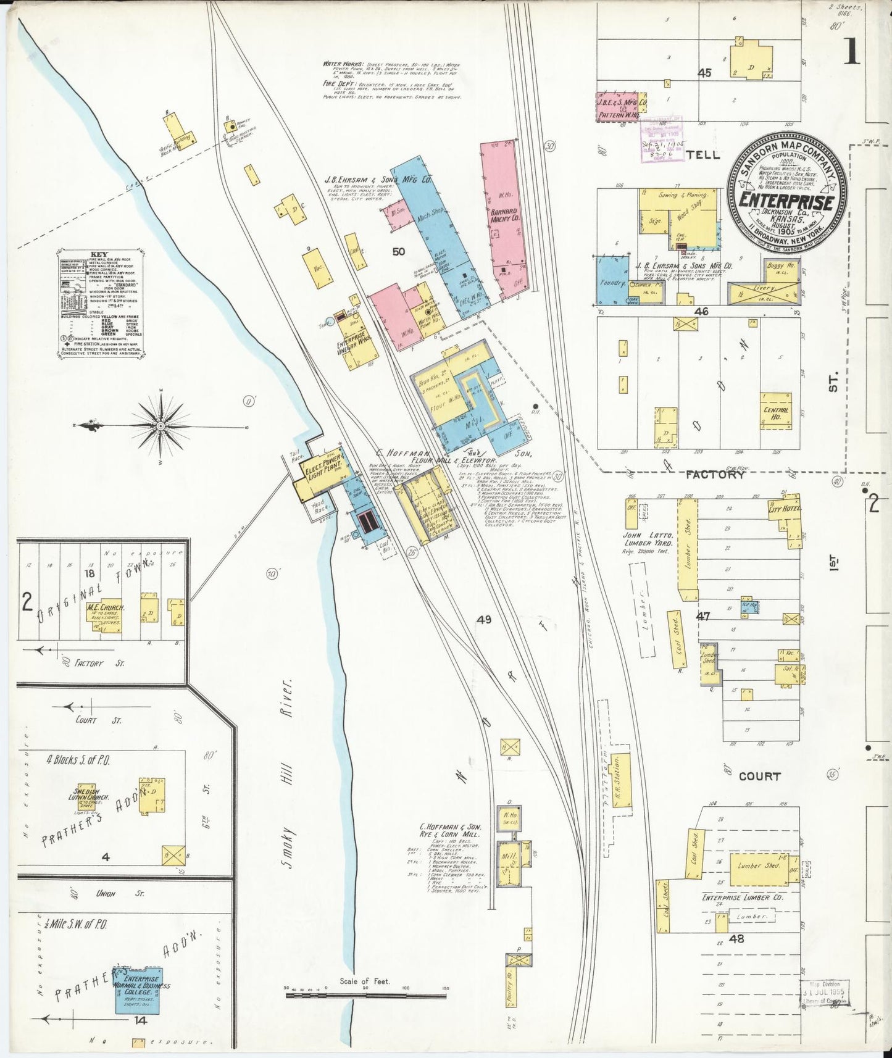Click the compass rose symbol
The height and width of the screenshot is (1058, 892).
coord(160,426)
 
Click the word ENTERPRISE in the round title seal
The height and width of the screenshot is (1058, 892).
coord(787,202)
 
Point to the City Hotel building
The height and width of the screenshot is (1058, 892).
coord(784,510)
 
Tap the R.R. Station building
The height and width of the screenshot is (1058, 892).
coord(621,780)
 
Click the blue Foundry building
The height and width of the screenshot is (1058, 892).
coord(612,281)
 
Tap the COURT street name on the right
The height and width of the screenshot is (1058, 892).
coord(759,777)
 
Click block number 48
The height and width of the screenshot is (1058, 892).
coord(736,939)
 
